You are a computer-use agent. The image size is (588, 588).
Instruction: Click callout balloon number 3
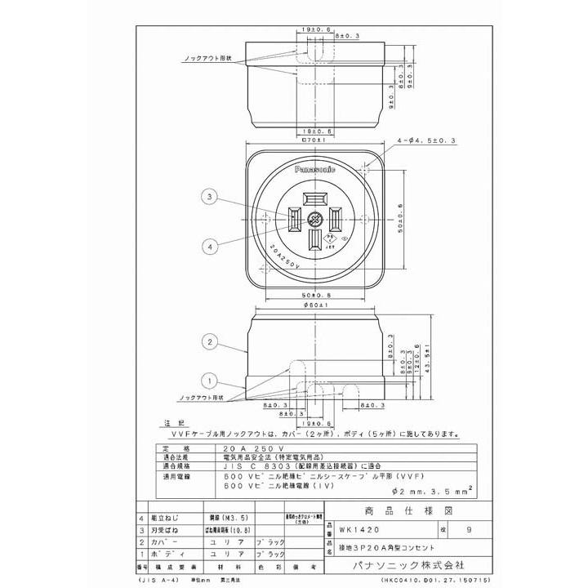[210, 197]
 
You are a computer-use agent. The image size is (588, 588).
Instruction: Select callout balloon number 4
[210, 245]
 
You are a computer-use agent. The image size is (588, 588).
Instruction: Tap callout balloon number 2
[210, 341]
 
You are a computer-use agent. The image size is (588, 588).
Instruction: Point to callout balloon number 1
[210, 380]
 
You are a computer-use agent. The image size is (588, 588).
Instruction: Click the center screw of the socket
[315, 220]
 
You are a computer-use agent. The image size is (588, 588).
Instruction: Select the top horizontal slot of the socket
[315, 199]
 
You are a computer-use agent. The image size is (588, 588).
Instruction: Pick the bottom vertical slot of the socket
[315, 240]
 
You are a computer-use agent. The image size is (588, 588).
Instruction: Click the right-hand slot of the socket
[336, 219]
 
